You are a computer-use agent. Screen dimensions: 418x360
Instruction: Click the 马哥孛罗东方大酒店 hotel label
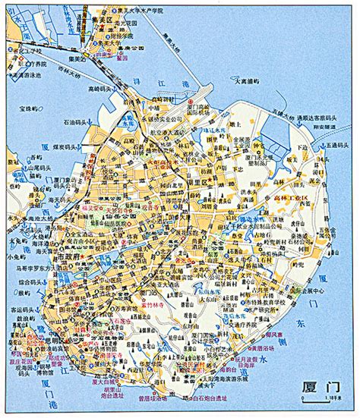(39, 267)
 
